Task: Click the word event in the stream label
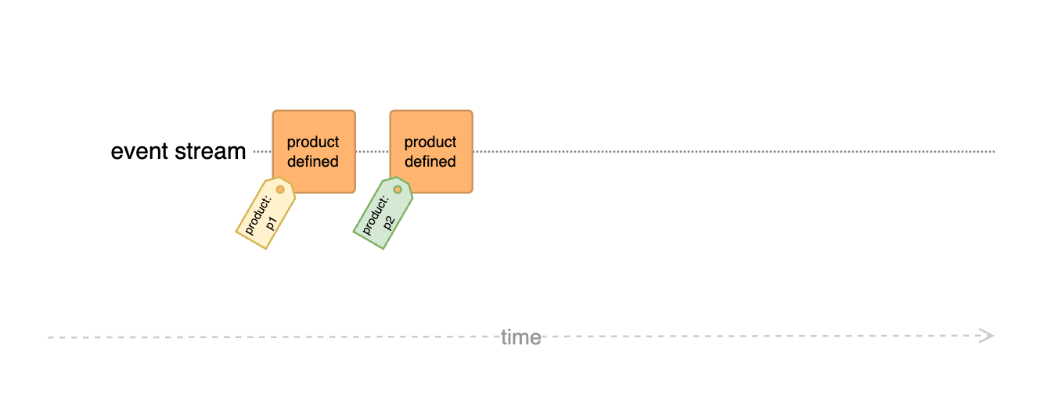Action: (x=139, y=151)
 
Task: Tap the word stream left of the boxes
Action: (x=210, y=151)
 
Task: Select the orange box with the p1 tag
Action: (x=314, y=151)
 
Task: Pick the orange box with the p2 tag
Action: (x=431, y=151)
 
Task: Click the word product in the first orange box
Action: (x=313, y=142)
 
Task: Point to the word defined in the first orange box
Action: (x=313, y=161)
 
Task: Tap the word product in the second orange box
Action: (x=430, y=142)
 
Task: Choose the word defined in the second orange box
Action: (x=430, y=161)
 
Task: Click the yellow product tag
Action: (x=265, y=213)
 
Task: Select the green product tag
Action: (x=383, y=213)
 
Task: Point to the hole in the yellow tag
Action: (x=280, y=189)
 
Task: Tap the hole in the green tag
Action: (x=398, y=189)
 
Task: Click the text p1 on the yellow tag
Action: (x=272, y=224)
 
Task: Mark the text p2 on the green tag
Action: (x=389, y=224)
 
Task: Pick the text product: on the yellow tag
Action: (x=258, y=215)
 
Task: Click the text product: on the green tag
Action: (x=376, y=215)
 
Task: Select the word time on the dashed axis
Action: (x=521, y=337)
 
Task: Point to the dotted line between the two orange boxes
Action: (x=372, y=151)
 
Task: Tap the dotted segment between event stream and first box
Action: (x=262, y=151)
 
